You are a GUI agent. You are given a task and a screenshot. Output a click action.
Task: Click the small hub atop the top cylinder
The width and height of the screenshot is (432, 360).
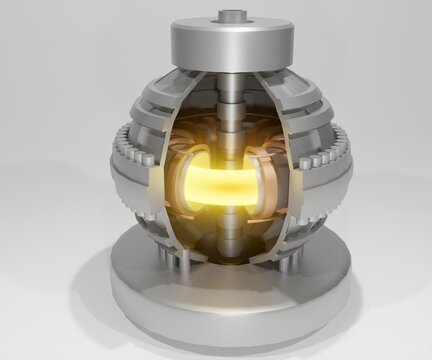point(231,16)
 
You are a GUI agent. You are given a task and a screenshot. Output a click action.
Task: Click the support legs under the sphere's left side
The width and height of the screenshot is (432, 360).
point(178,257)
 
